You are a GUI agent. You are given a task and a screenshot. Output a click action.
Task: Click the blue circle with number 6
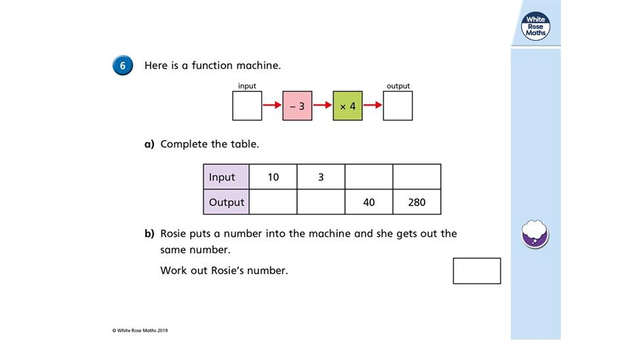point(123,66)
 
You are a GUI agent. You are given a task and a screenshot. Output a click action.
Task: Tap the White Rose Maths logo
point(536,26)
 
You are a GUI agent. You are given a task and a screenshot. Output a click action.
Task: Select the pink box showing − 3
point(297,106)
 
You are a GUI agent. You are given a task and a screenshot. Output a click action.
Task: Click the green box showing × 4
point(348,106)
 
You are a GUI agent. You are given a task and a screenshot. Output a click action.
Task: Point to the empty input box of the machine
point(247,106)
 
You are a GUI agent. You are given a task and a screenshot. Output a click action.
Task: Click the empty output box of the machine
point(398,106)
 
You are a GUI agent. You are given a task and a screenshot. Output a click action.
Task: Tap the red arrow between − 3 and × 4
point(323,105)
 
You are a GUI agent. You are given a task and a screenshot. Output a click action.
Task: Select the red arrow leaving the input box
point(272,105)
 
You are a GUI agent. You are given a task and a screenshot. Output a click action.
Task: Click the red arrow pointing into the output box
point(373,105)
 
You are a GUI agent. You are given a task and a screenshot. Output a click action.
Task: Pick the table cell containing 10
point(273,177)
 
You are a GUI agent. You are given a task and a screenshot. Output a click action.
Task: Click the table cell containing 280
point(417,202)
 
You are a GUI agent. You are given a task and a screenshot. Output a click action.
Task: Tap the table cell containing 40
point(369,202)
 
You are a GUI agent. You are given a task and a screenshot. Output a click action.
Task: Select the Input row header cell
point(226,177)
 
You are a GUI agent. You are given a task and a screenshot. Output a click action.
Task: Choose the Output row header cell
point(226,202)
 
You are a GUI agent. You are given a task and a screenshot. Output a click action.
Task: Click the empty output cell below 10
point(273,202)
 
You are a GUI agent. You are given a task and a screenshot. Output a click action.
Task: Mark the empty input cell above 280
point(417,177)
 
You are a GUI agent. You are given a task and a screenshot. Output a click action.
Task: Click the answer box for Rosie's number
point(477,271)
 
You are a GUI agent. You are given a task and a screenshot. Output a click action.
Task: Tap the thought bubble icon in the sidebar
point(534,234)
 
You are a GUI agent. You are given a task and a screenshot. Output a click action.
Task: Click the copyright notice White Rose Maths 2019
point(140,330)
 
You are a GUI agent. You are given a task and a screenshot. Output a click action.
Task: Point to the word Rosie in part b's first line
point(174,233)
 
